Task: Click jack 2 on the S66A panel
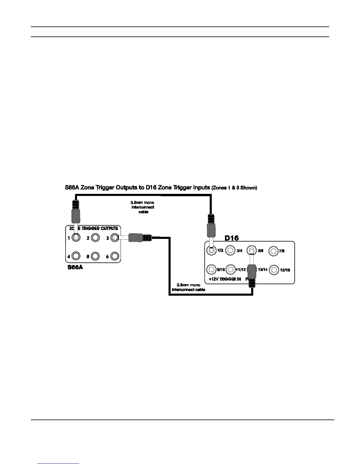(95, 238)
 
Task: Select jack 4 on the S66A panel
(76, 256)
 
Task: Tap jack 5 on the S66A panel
(95, 256)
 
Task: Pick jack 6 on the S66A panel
(115, 256)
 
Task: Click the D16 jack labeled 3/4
(230, 251)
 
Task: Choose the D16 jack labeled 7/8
(274, 251)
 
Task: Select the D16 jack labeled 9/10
(211, 269)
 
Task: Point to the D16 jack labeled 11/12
(230, 269)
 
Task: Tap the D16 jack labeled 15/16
(274, 270)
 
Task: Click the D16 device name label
(231, 238)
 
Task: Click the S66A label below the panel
(75, 267)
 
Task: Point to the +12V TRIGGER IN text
(225, 279)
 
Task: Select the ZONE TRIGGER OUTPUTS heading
(94, 228)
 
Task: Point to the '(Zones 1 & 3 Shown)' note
(234, 188)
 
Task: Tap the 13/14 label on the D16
(263, 269)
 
